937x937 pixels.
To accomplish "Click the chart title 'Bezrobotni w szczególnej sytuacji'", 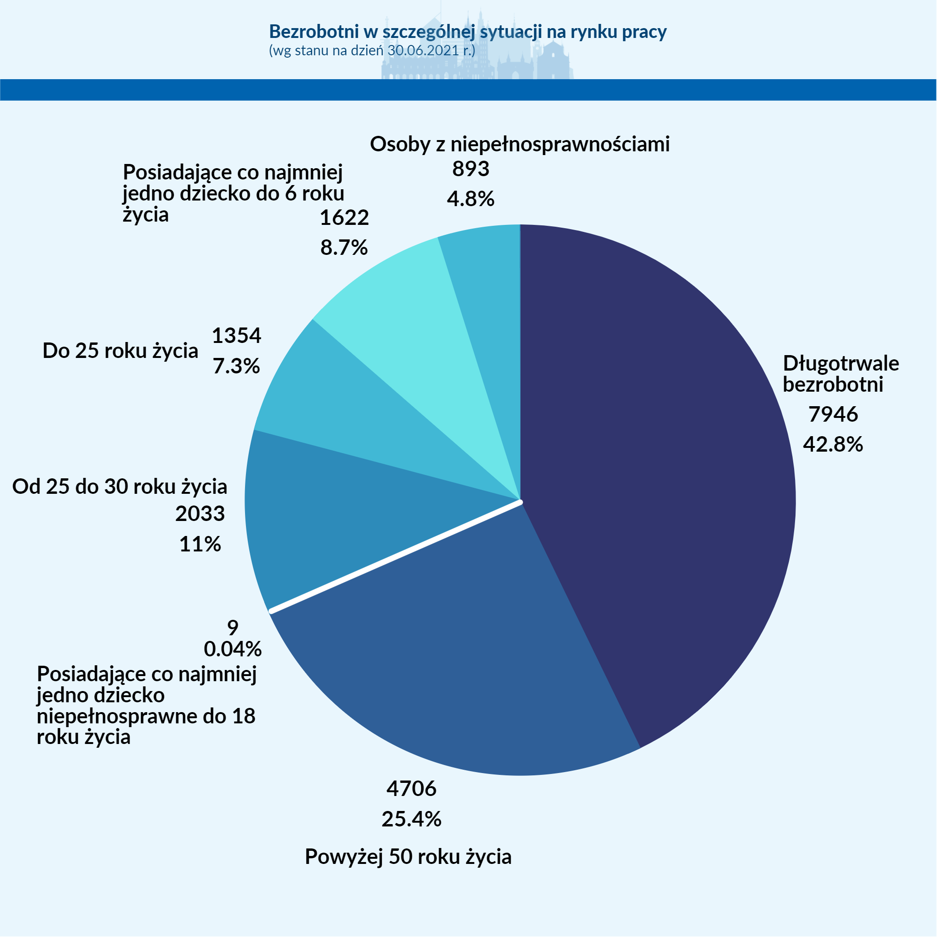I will [468, 31].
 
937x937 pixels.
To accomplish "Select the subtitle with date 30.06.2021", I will [372, 51].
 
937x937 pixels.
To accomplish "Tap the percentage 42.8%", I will [833, 445].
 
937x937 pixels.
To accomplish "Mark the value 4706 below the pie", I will [411, 789].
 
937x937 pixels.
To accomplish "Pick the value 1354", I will [236, 335].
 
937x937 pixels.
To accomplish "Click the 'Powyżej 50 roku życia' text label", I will [408, 857].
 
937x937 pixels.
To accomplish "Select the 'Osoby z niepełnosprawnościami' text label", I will [520, 144].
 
